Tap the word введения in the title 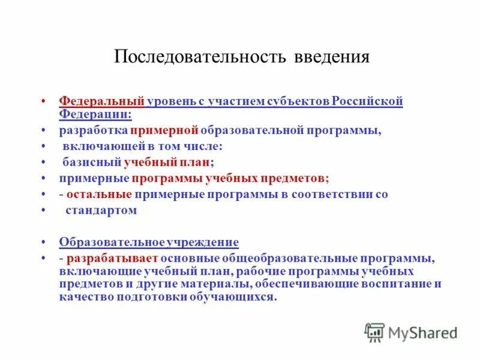pyautogui.click(x=332, y=58)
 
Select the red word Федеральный pyautogui.click(x=102, y=101)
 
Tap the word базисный pyautogui.click(x=92, y=162)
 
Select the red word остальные pyautogui.click(x=100, y=194)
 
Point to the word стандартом pyautogui.click(x=102, y=211)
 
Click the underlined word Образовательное pyautogui.click(x=112, y=242)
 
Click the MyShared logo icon pyautogui.click(x=374, y=332)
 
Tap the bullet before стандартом pyautogui.click(x=45, y=211)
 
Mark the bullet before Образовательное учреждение pyautogui.click(x=45, y=242)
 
